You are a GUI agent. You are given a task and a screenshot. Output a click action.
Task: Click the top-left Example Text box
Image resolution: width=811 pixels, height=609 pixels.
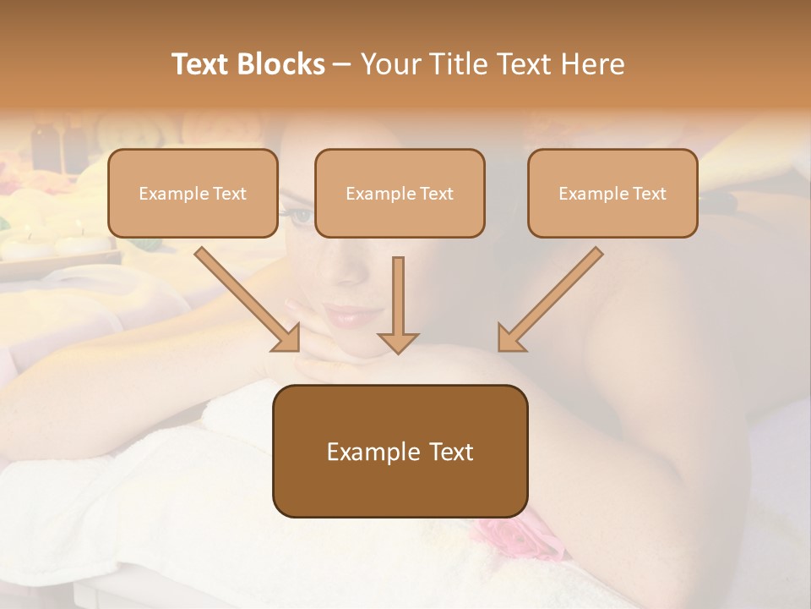tap(193, 193)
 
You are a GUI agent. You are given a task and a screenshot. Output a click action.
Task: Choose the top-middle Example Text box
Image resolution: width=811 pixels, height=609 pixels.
tap(400, 193)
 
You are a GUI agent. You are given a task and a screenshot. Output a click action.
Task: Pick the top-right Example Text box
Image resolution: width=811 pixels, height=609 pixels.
tap(612, 193)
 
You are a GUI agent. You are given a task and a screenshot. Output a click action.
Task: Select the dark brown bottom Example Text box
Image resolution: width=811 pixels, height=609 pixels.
tap(400, 451)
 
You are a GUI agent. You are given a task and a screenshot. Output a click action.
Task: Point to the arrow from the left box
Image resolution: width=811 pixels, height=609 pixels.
tap(247, 299)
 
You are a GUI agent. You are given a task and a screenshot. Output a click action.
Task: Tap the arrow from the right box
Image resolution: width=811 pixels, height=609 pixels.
tap(550, 299)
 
